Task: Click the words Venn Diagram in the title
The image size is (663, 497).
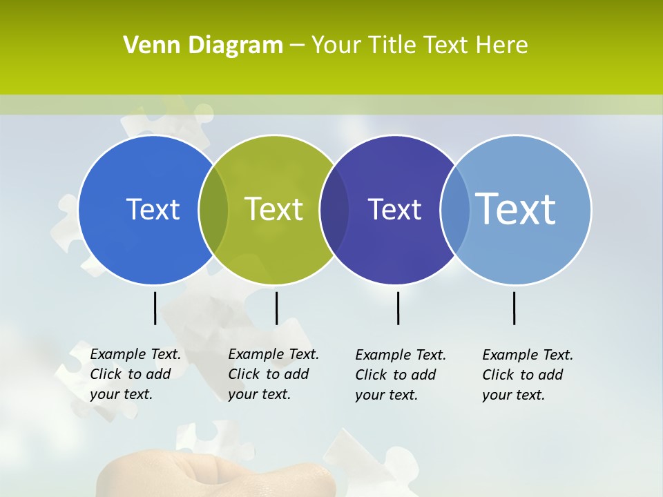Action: (203, 46)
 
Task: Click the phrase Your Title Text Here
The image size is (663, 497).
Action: (419, 46)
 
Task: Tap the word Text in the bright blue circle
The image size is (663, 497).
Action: (153, 209)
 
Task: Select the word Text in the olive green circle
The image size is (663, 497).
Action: (273, 209)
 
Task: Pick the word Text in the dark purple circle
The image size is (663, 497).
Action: (394, 209)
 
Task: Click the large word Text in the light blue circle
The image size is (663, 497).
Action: (516, 208)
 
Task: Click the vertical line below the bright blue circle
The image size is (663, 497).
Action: (155, 308)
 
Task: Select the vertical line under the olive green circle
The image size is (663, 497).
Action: (276, 308)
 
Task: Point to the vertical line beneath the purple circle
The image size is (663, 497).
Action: (398, 308)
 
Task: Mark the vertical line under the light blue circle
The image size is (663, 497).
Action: (514, 308)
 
